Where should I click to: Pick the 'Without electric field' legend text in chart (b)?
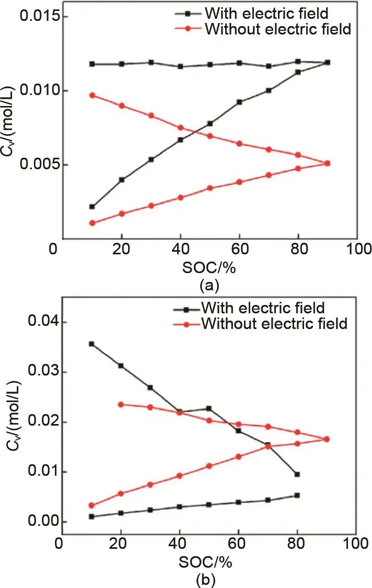pyautogui.click(x=274, y=324)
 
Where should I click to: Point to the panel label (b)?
pyautogui.click(x=207, y=579)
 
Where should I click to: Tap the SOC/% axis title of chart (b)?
pyautogui.click(x=207, y=563)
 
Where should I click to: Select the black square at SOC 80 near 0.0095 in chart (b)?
pyautogui.click(x=297, y=474)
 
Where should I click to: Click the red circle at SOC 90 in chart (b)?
pyautogui.click(x=327, y=439)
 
